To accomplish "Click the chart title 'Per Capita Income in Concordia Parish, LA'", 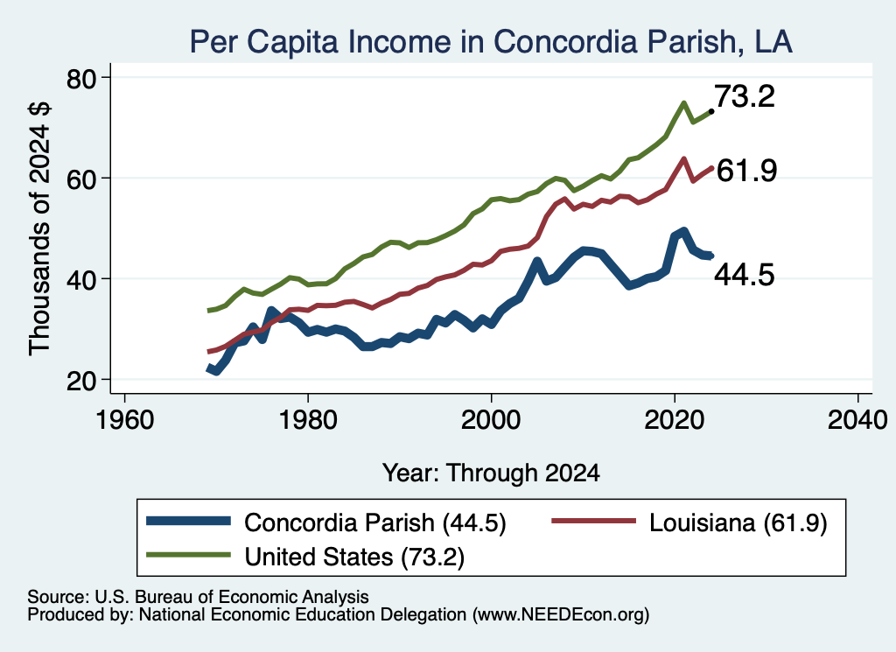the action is pos(491,42).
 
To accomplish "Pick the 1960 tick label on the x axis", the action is pos(124,421).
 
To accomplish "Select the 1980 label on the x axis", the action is pos(308,421).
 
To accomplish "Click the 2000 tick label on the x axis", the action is pos(492,421).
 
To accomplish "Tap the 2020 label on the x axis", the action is pos(675,421).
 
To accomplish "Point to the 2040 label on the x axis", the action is pos(857,421).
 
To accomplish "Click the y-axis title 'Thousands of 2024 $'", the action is pos(40,228).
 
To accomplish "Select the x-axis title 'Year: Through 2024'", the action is pos(491,473).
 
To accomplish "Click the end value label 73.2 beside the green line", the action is pos(745,96).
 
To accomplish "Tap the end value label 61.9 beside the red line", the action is pos(746,171).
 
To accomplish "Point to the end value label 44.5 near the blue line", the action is pos(745,275).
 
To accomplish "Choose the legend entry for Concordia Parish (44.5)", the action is pos(326,522).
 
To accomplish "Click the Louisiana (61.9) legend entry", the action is pos(689,522).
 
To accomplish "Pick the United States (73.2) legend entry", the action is pos(305,557).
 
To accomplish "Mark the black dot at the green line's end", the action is pos(710,111).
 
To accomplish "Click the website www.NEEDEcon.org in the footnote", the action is pos(561,615).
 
